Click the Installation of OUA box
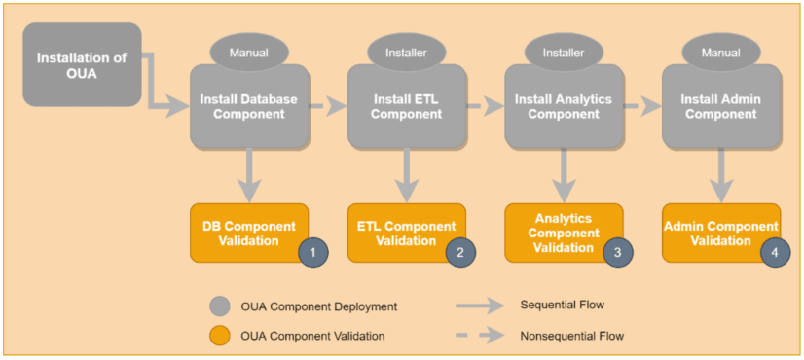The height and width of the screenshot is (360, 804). point(82,65)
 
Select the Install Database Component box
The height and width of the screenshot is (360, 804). point(248,106)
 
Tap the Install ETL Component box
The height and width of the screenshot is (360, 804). point(407,106)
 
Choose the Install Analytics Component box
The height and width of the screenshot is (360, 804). point(564,106)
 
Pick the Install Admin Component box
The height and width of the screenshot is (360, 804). point(720,106)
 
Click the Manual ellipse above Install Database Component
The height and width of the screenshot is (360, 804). point(248,52)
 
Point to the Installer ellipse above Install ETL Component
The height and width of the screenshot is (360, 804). point(407,52)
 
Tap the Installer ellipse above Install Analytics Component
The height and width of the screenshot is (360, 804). point(564,52)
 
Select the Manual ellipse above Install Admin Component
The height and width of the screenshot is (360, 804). point(720,52)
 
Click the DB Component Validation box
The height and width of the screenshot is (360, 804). point(243,232)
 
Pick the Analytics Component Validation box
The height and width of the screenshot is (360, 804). point(558,232)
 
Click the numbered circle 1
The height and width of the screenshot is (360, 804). point(312,251)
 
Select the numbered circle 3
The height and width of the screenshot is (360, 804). point(617,251)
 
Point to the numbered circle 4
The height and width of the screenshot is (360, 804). point(775,251)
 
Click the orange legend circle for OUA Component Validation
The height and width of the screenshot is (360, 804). point(220,336)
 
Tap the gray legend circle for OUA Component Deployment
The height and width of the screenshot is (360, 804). point(220,306)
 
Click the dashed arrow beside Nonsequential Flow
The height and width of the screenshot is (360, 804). point(485,336)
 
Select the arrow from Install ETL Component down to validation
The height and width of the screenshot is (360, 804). point(407,173)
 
